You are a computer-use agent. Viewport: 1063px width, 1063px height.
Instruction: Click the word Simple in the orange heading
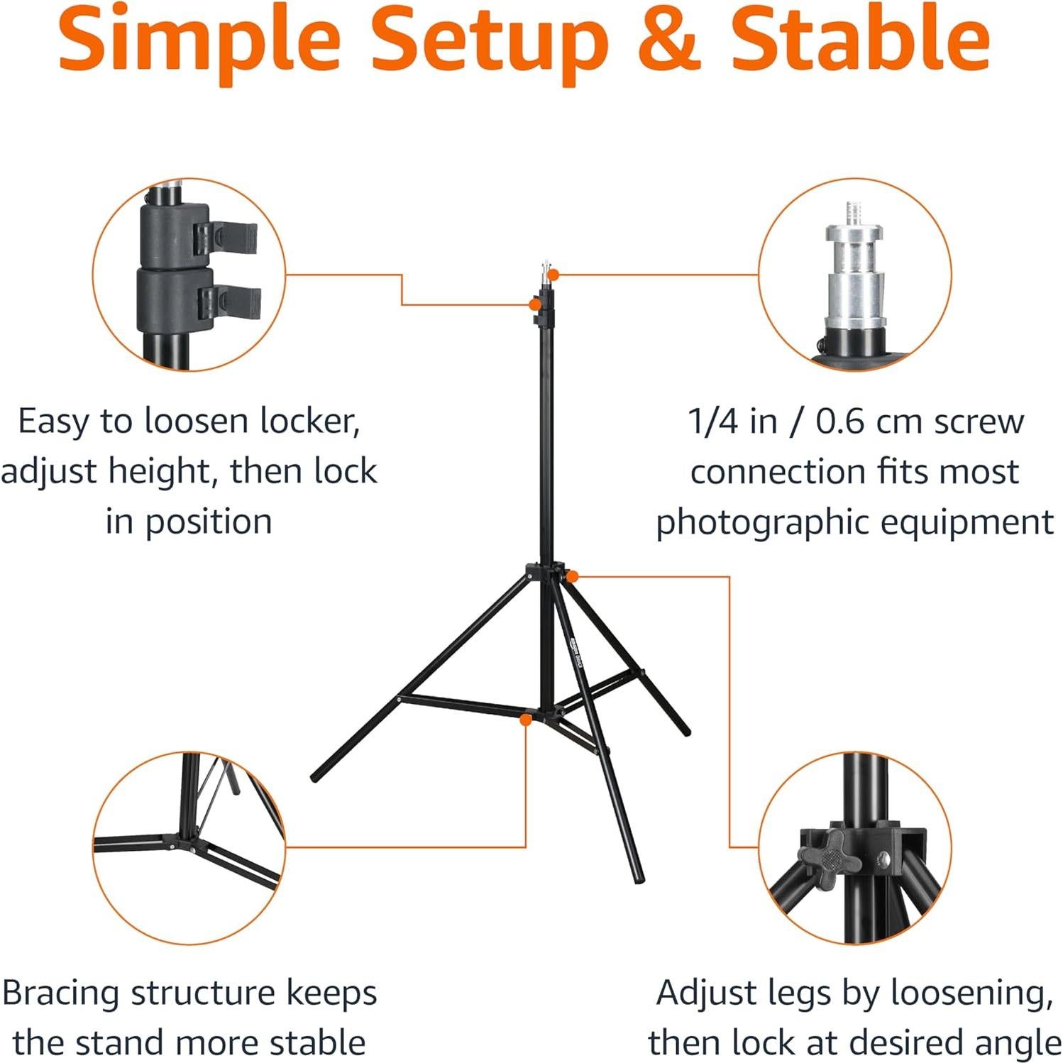coord(200,39)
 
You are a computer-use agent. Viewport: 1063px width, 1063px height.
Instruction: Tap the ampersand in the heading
coord(669,39)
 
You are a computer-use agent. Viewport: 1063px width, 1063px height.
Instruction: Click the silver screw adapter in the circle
coord(854,277)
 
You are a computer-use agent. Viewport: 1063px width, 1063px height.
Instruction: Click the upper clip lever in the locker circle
coord(227,238)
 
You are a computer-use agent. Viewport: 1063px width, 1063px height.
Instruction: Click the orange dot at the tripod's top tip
coord(553,275)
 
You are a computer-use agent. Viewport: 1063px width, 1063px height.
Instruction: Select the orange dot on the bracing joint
coord(526,720)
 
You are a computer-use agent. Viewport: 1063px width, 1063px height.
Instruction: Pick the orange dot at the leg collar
coord(573,576)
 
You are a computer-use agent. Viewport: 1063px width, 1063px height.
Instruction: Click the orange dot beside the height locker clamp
coord(533,304)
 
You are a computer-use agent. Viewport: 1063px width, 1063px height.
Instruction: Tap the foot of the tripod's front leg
coord(639,878)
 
